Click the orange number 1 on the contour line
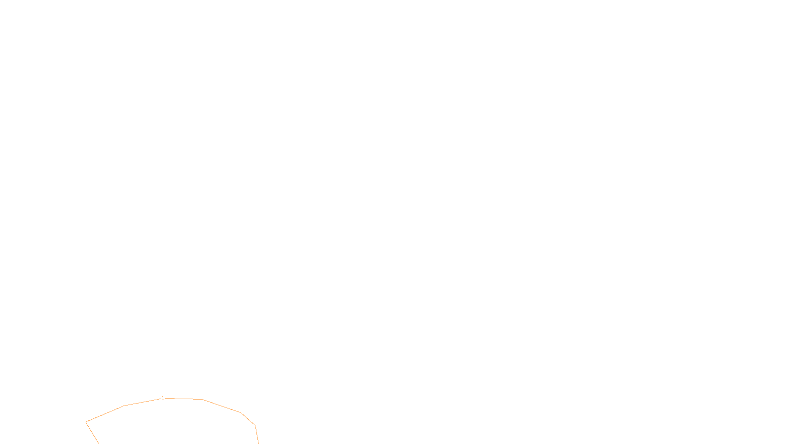click(x=163, y=398)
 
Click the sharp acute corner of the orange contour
click(x=86, y=422)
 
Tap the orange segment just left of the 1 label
click(x=143, y=402)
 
